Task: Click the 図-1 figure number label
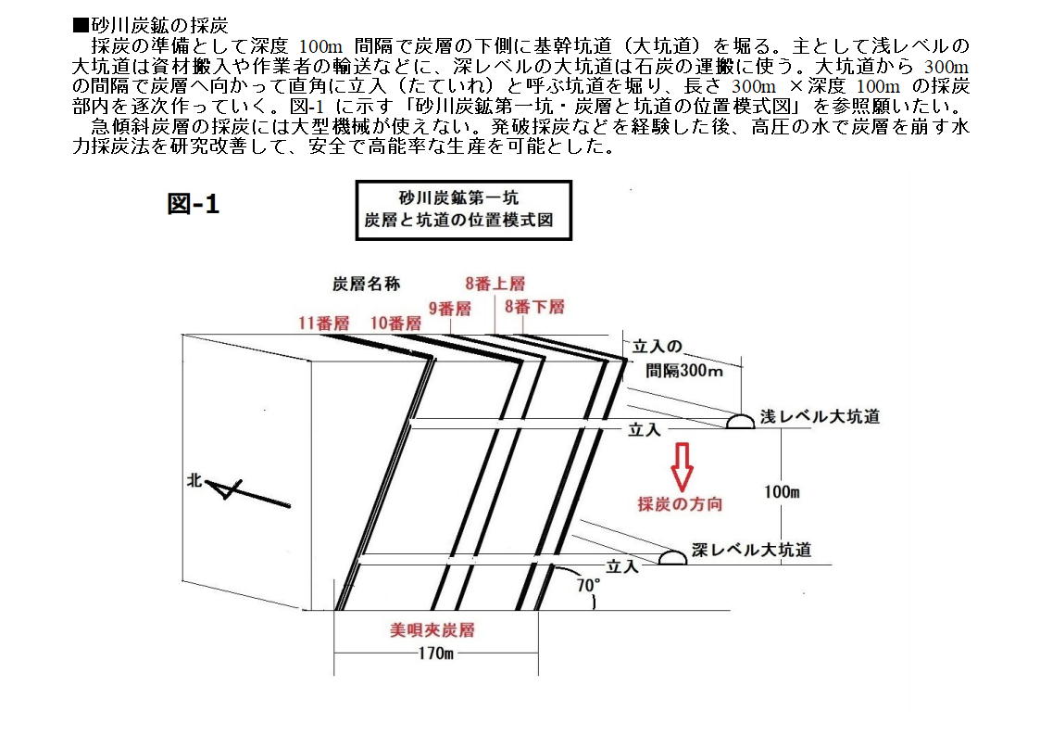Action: point(193,204)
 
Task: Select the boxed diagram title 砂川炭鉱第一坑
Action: point(458,197)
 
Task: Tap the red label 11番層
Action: point(324,324)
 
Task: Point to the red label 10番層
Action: point(396,324)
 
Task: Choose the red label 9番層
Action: point(450,309)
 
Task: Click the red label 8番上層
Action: point(495,284)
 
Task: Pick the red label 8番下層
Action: point(534,307)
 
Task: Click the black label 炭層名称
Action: point(366,284)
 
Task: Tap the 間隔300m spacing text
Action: point(684,371)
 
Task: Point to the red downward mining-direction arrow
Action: point(683,466)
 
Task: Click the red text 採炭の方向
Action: point(680,504)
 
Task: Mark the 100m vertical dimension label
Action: point(782,492)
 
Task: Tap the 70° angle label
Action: point(588,585)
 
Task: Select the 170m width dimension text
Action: point(436,654)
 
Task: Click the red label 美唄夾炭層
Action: point(432,629)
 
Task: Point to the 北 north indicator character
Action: point(194,480)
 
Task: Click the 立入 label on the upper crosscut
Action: point(644,430)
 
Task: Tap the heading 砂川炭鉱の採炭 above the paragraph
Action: point(151,26)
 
